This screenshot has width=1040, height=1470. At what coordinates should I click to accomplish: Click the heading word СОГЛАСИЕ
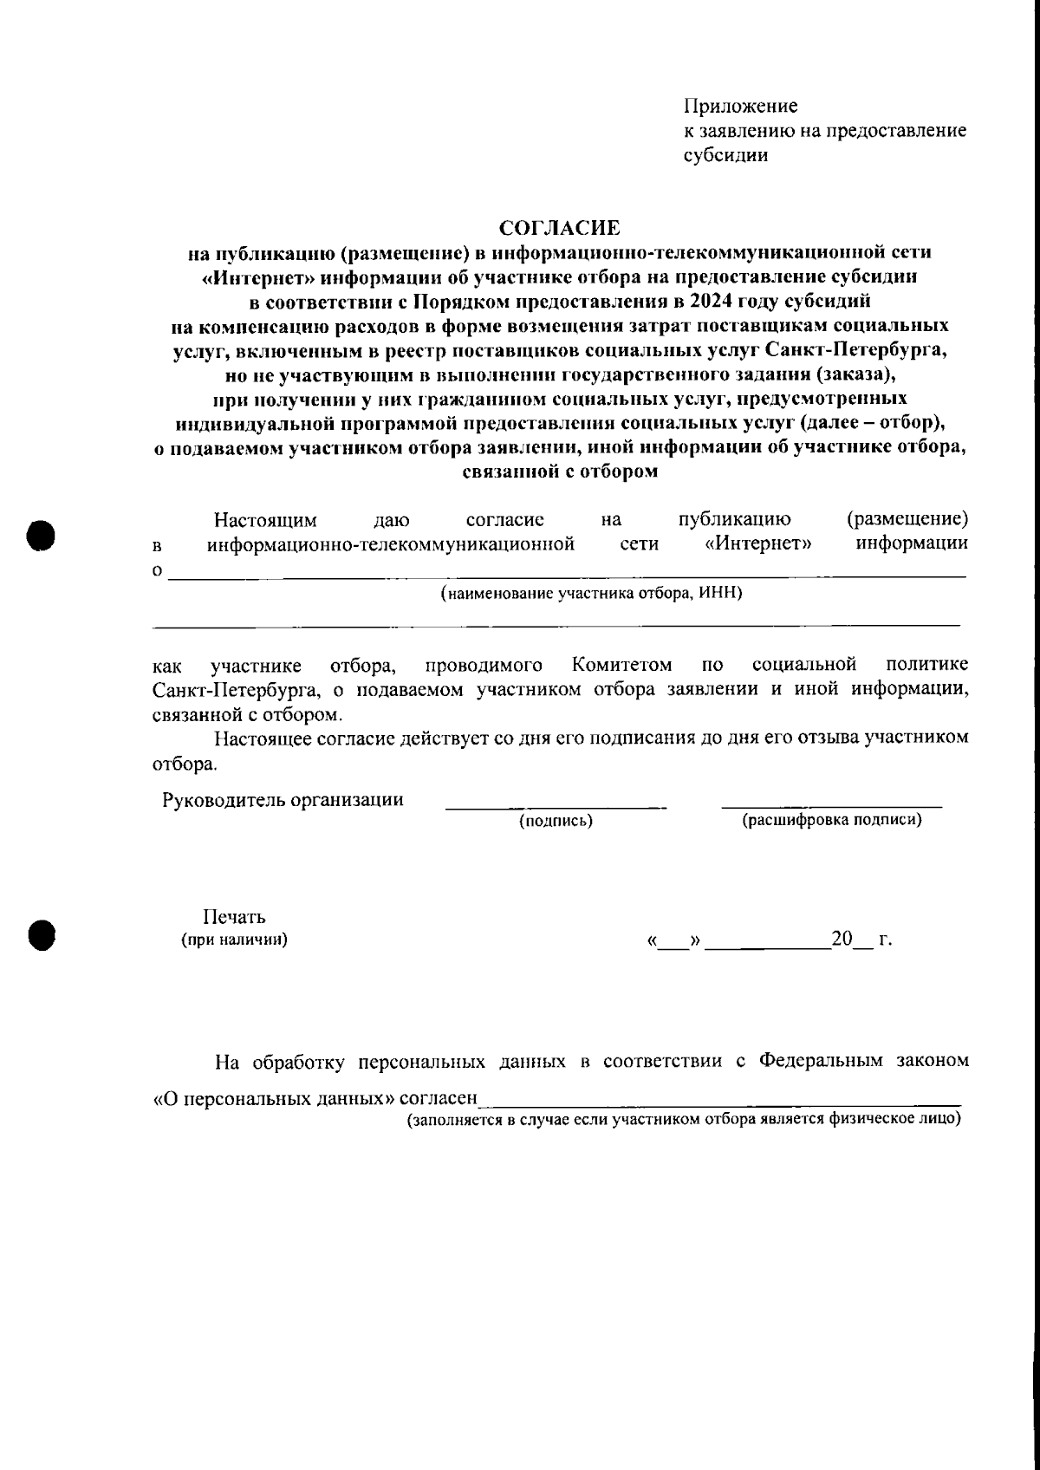(560, 228)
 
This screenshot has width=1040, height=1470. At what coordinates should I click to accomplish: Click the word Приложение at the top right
(740, 106)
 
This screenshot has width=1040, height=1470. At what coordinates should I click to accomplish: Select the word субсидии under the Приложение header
(725, 156)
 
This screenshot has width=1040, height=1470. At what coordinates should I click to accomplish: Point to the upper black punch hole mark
(40, 534)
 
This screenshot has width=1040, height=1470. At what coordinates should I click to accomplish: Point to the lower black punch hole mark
(40, 934)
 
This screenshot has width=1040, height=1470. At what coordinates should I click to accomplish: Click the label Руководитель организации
(283, 799)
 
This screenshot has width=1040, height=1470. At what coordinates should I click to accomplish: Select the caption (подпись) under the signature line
(556, 821)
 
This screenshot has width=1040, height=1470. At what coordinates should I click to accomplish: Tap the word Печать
(234, 917)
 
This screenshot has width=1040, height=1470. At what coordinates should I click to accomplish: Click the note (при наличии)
(234, 940)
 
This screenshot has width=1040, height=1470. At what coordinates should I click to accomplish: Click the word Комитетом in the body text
(621, 665)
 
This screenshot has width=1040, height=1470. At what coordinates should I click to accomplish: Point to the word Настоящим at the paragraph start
(265, 520)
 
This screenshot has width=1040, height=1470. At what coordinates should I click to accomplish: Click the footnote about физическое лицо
(685, 1119)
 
